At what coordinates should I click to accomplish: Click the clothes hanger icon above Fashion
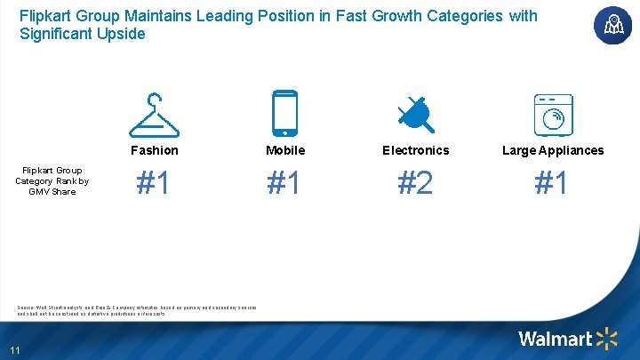[x=155, y=114]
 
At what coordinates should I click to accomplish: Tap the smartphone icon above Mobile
[x=285, y=114]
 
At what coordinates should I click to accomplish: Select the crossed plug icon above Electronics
[x=415, y=114]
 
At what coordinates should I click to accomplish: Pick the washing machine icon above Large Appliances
[x=553, y=114]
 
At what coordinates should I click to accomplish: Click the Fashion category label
[x=155, y=150]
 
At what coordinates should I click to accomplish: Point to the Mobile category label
[x=285, y=150]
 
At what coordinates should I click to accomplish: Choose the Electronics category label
[x=416, y=150]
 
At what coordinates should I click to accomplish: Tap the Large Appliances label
[x=553, y=150]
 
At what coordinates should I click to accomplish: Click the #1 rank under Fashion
[x=155, y=183]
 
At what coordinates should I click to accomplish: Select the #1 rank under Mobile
[x=285, y=183]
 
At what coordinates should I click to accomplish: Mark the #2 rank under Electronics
[x=416, y=183]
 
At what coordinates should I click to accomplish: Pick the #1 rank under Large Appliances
[x=553, y=183]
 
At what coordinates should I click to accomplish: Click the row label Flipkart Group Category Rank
[x=52, y=180]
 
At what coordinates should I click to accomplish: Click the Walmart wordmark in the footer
[x=555, y=339]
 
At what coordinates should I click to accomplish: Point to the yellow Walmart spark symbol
[x=607, y=338]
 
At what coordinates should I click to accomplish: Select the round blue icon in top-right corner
[x=612, y=25]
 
